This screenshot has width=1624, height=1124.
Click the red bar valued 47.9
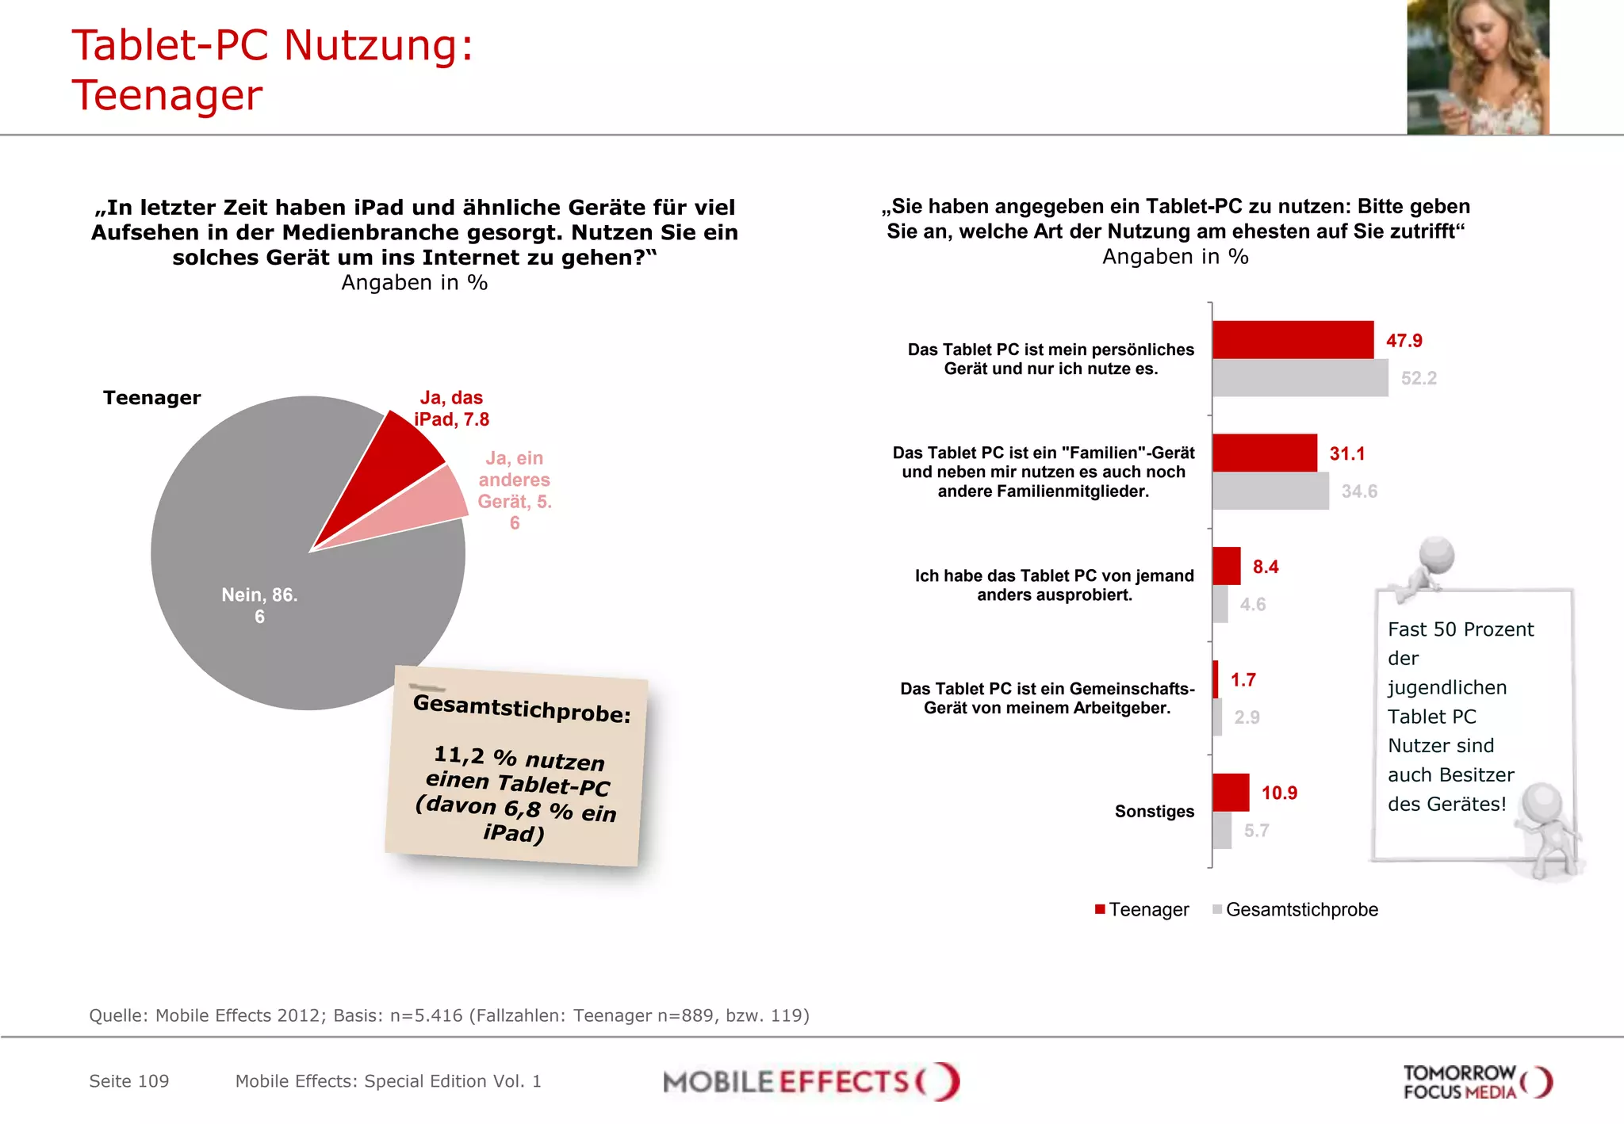pos(1293,340)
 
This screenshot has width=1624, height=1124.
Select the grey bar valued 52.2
pos(1300,378)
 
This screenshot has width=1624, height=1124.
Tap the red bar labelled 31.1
pos(1264,453)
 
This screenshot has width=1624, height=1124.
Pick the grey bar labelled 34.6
pos(1270,491)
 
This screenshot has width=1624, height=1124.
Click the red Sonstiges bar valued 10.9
pos(1231,793)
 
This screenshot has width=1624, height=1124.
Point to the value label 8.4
pos(1265,567)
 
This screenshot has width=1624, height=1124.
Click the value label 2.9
pos(1247,717)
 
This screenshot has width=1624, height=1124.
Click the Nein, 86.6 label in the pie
pos(259,606)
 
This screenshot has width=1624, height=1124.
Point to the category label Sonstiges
pos(1154,812)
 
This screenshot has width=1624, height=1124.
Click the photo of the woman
pos(1477,67)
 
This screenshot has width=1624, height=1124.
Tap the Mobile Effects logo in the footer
pos(810,1082)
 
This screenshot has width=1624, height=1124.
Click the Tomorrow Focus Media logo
pos(1477,1082)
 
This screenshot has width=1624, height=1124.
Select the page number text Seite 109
pos(129,1081)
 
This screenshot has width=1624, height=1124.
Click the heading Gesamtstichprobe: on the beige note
pos(522,708)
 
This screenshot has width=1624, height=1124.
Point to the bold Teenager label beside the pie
pos(152,398)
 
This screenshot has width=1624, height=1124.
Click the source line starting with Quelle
pos(449,1015)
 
